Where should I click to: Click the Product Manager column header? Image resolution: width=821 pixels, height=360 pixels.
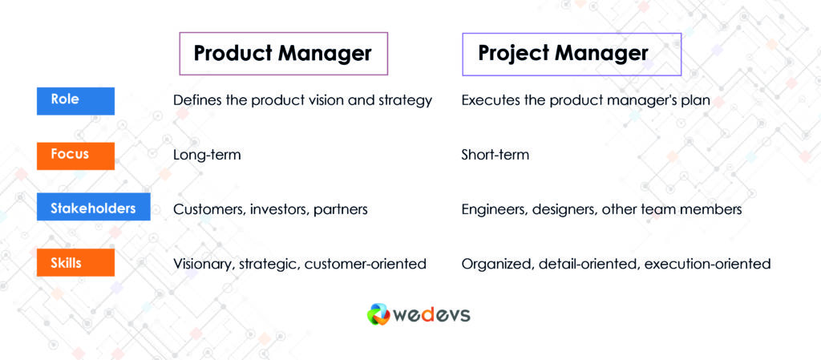283,54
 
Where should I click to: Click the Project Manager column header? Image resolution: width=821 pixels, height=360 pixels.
571,54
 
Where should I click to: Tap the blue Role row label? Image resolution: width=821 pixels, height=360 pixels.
75,101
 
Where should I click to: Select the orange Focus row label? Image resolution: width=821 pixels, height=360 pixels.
75,156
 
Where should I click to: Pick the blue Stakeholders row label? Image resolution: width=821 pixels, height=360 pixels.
93,207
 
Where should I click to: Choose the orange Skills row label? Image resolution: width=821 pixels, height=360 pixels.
75,262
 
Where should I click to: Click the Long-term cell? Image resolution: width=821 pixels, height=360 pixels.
207,155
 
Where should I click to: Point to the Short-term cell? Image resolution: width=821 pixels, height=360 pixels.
495,155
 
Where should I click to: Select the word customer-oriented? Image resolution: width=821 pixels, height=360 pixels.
366,265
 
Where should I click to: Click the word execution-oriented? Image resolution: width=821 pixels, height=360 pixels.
707,265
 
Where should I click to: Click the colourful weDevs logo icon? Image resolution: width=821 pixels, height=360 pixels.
378,314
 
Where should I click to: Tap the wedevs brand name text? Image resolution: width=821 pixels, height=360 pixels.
431,314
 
